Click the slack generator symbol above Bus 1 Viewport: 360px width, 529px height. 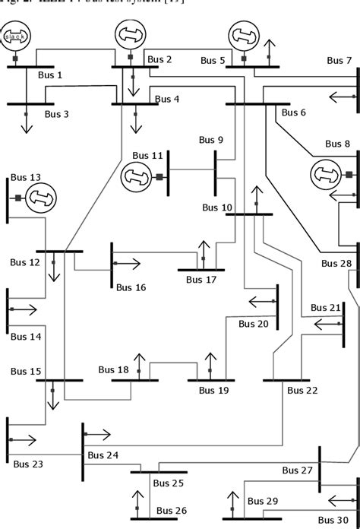tap(15, 36)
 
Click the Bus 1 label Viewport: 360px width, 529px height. tap(50, 75)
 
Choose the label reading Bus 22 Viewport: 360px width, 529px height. tap(303, 390)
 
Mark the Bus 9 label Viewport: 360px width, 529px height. tap(211, 140)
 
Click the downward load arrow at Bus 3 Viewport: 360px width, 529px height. tap(27, 120)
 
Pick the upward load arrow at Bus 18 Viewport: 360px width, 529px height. tap(139, 363)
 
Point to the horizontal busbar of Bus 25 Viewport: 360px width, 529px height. tap(158, 472)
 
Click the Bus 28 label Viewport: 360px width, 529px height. tap(336, 264)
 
